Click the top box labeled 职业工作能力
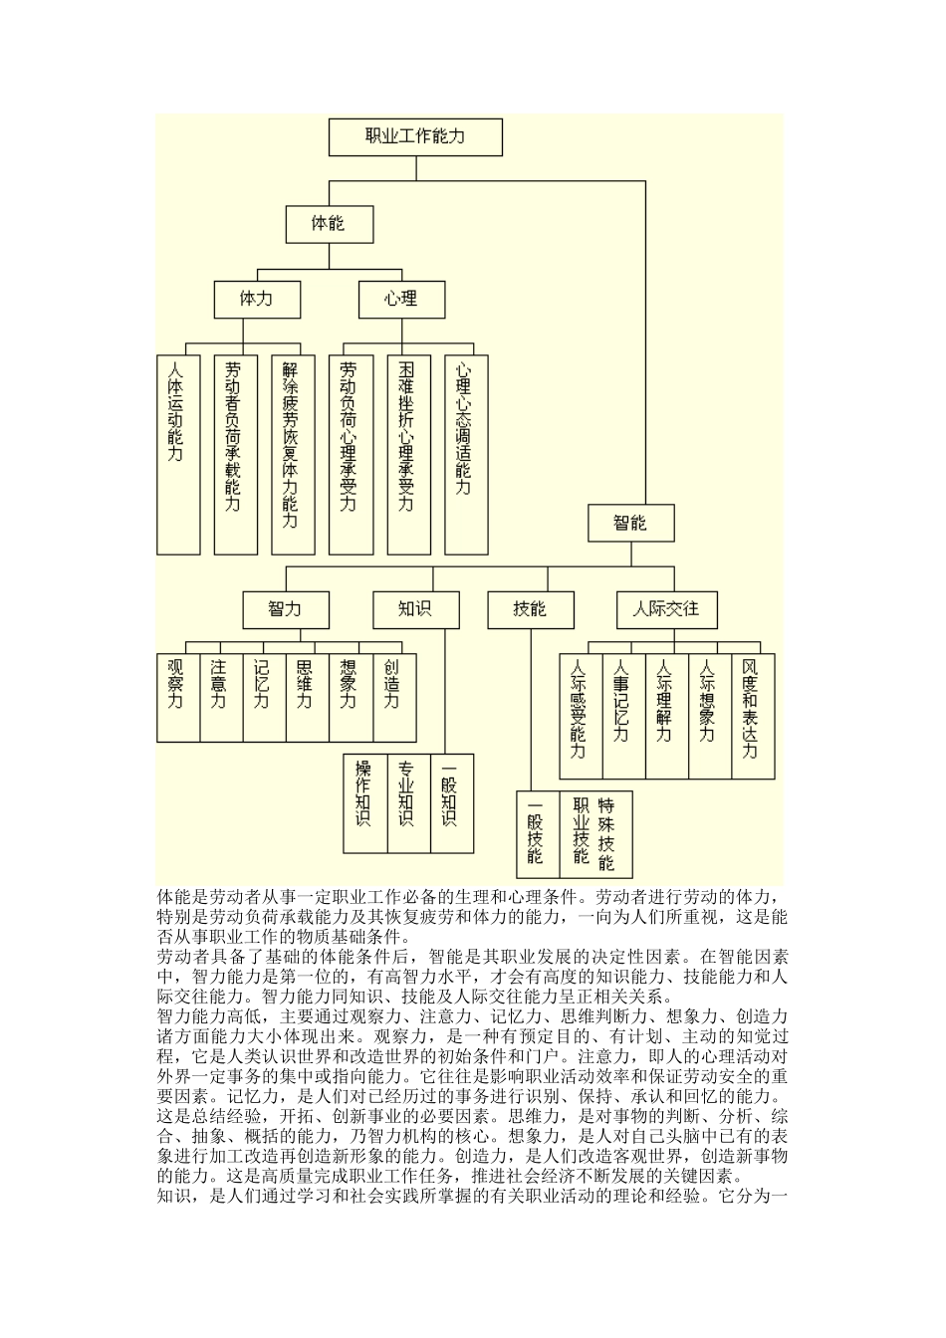415,137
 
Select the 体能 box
329,224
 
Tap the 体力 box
257,299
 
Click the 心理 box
401,299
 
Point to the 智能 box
630,523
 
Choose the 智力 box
285,609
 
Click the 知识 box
415,609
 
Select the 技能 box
530,609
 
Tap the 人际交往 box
666,609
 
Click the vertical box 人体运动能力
178,454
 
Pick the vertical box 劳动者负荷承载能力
235,454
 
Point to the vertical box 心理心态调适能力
466,454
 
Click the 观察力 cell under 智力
178,697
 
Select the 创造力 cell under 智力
393,697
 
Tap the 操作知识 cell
365,802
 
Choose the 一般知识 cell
451,802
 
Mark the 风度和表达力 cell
752,715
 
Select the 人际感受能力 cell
581,715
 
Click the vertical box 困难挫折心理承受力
408,454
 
